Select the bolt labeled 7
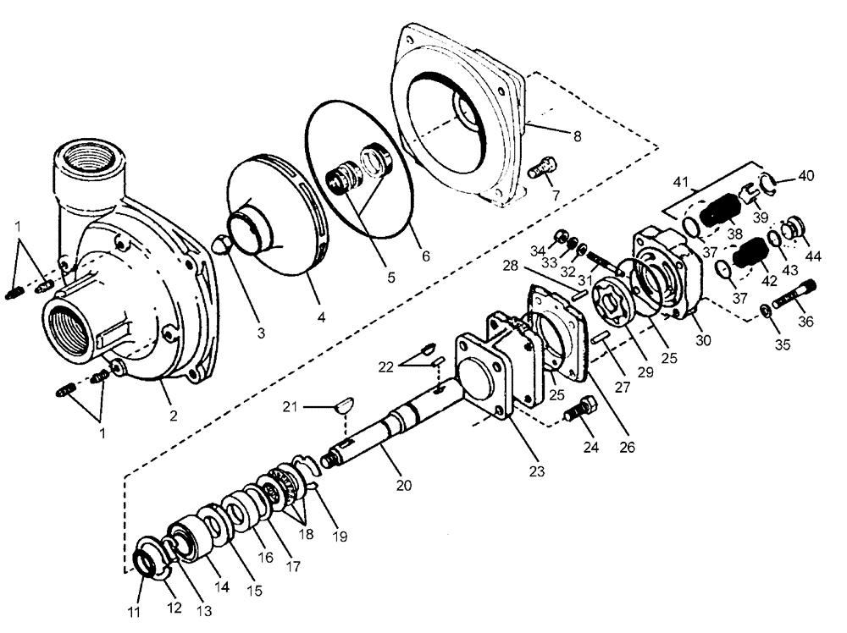pos(540,167)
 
